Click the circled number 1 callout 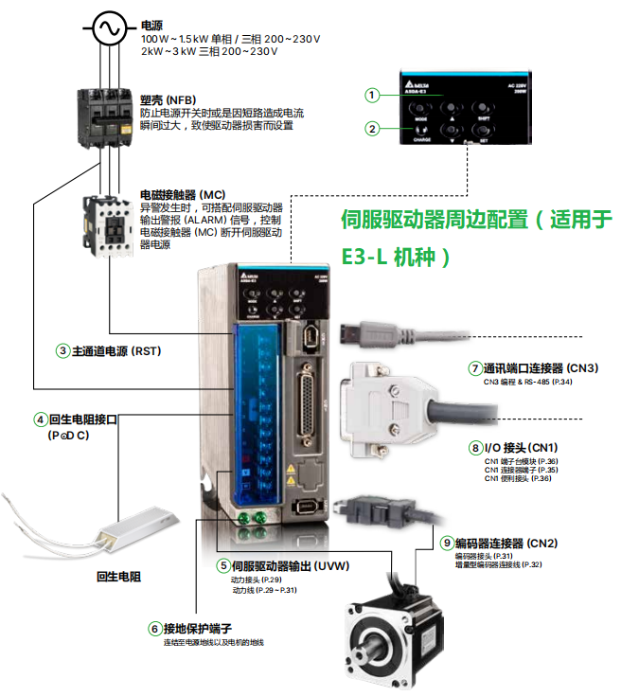tap(373, 95)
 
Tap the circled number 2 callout tap(373, 129)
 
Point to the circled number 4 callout tap(41, 419)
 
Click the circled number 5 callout tap(223, 566)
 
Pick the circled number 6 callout tap(154, 628)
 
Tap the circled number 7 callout tap(475, 368)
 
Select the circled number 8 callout tap(475, 447)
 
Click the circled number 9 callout tap(447, 543)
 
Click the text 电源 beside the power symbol tap(151, 26)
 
